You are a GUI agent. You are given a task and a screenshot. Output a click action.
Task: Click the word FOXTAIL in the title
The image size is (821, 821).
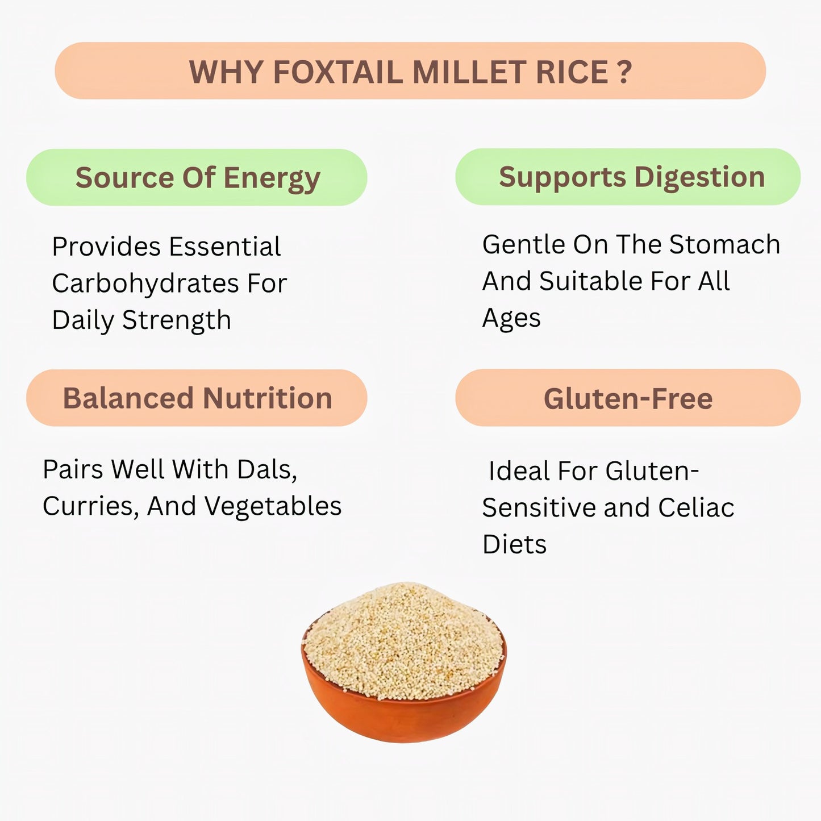click(x=337, y=73)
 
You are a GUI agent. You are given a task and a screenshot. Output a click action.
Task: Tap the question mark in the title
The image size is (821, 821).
click(x=624, y=73)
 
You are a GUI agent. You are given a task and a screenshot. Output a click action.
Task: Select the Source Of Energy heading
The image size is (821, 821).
click(x=197, y=178)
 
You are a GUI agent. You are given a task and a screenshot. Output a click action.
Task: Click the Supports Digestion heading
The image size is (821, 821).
click(x=631, y=177)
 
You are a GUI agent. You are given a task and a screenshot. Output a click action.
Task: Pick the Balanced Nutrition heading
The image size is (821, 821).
click(x=197, y=398)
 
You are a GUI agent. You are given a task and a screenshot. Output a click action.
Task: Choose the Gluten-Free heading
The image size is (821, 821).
click(x=628, y=398)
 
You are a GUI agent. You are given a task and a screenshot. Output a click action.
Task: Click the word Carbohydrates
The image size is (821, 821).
click(x=145, y=284)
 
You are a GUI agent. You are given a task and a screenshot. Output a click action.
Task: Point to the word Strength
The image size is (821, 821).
click(x=177, y=320)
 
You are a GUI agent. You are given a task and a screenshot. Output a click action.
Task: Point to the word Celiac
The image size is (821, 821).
click(x=696, y=508)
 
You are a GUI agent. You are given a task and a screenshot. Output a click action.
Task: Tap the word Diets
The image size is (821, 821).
click(x=514, y=544)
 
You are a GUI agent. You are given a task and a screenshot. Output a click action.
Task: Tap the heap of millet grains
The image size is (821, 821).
click(x=403, y=636)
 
